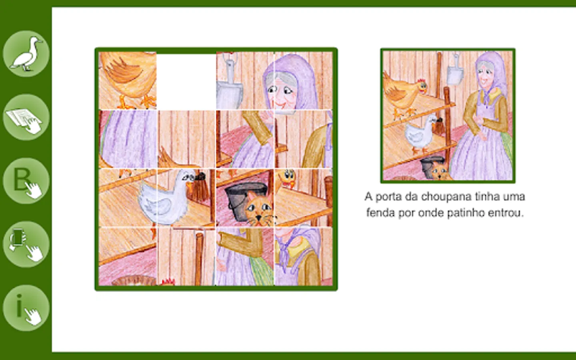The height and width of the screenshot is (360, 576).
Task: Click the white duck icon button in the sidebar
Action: (x=26, y=54)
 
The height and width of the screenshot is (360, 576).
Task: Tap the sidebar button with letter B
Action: (x=26, y=181)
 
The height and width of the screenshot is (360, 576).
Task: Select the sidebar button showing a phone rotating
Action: (x=26, y=244)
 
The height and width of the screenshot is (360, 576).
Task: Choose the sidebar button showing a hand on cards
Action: (x=26, y=117)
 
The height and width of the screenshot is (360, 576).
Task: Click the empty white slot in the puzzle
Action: (x=186, y=82)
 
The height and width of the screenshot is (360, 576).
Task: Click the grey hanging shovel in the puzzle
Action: (x=229, y=85)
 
